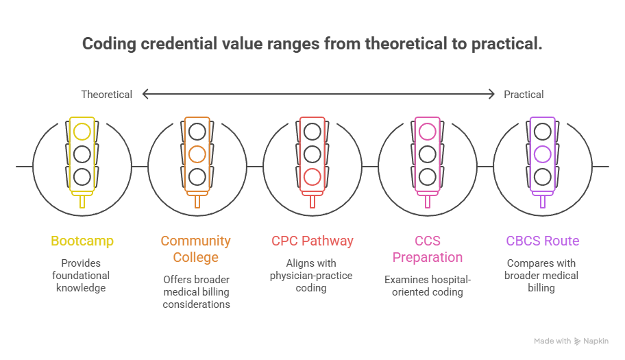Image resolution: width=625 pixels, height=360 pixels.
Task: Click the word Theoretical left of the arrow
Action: pyautogui.click(x=106, y=95)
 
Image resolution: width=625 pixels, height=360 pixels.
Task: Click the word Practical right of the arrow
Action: pyautogui.click(x=524, y=95)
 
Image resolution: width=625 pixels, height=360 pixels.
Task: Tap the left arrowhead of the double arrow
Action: pyautogui.click(x=145, y=94)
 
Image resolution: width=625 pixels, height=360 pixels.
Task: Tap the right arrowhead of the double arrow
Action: pyautogui.click(x=491, y=94)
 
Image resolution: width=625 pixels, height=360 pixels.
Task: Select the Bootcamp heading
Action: pyautogui.click(x=82, y=241)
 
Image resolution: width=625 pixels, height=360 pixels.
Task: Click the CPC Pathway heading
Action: pyautogui.click(x=312, y=241)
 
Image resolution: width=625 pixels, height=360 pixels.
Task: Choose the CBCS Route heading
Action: pyautogui.click(x=543, y=241)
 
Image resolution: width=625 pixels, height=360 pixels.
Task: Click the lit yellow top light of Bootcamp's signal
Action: pyautogui.click(x=82, y=132)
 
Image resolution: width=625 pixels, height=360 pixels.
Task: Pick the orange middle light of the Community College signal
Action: pyautogui.click(x=197, y=154)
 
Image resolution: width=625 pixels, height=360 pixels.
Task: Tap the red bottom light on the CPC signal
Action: pyautogui.click(x=312, y=177)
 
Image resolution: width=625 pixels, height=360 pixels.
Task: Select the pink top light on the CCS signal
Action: pyautogui.click(x=428, y=132)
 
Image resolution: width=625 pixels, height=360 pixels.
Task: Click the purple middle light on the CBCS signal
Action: pyautogui.click(x=543, y=154)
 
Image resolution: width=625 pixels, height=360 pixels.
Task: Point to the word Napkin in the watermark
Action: pyautogui.click(x=596, y=341)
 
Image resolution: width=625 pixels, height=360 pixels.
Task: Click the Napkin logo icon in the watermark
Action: pyautogui.click(x=577, y=341)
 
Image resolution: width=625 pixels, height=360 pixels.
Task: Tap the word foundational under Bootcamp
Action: pyautogui.click(x=81, y=276)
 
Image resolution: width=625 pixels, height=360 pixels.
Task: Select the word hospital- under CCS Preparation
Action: pyautogui.click(x=451, y=280)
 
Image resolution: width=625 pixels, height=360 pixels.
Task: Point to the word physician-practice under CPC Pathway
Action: pyautogui.click(x=311, y=276)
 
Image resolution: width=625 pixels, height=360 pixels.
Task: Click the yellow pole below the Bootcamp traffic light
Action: pyautogui.click(x=82, y=202)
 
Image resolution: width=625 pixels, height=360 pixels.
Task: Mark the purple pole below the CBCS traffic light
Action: pyautogui.click(x=543, y=202)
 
